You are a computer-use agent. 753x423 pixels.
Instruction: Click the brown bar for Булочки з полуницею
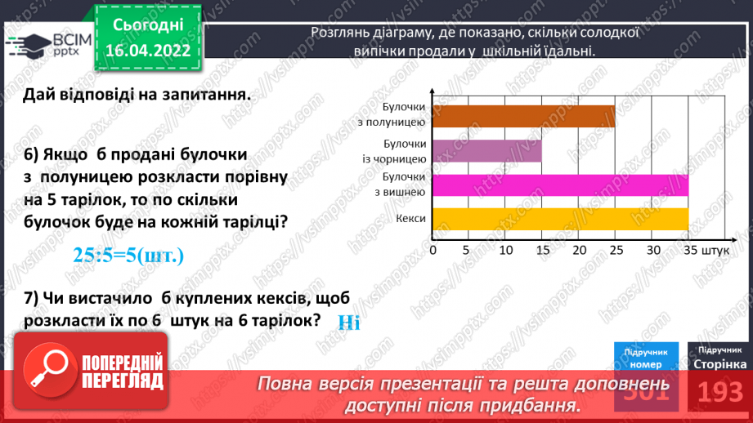(x=522, y=116)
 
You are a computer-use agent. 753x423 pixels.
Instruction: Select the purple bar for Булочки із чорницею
(x=486, y=151)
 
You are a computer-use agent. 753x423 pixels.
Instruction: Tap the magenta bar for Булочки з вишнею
(x=559, y=185)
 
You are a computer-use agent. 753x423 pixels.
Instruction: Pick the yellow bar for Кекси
(x=559, y=219)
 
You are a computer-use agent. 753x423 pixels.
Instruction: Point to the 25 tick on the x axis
(x=615, y=249)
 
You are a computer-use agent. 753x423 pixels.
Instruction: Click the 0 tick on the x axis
(x=432, y=249)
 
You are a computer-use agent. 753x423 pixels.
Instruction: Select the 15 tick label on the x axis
(x=541, y=249)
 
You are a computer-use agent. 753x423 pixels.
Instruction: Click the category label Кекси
(x=410, y=219)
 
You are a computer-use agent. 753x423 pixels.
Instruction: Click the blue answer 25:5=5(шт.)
(x=128, y=256)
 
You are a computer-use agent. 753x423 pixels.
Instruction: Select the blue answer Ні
(x=348, y=322)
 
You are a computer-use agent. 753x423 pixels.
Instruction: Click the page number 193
(x=719, y=391)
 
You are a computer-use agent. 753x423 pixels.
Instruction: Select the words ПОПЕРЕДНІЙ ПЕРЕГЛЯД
(x=120, y=372)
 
